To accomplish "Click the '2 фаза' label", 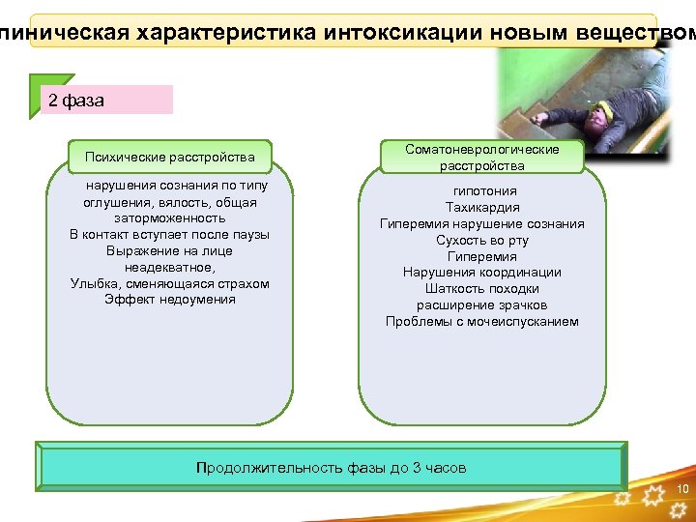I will click(x=76, y=101).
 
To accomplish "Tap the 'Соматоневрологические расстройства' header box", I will click(x=481, y=158).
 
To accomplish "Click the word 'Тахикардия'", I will click(x=481, y=208).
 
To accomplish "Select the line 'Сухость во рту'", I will click(x=481, y=241).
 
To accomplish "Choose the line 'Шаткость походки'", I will click(x=481, y=289).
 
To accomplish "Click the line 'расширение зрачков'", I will click(x=481, y=305).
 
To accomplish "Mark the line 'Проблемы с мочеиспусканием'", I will click(x=481, y=322).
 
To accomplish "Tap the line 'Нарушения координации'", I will click(x=481, y=273).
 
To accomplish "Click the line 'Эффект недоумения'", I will click(x=170, y=300).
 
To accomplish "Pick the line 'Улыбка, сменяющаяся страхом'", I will click(x=170, y=284).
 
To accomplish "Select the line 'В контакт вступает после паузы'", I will click(x=170, y=235).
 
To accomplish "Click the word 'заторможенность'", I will click(x=170, y=218).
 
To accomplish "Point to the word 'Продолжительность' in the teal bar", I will click(x=257, y=468).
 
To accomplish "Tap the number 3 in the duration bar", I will click(x=417, y=468).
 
